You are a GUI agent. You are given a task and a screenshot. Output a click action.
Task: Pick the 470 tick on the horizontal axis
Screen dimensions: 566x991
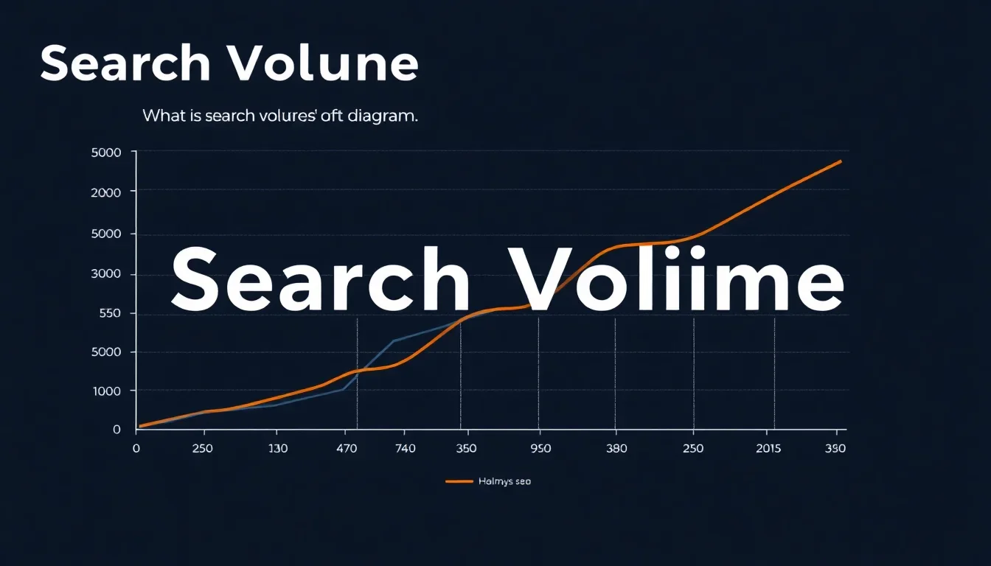click(344, 448)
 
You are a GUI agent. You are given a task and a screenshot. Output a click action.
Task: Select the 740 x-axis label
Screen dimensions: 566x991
click(406, 448)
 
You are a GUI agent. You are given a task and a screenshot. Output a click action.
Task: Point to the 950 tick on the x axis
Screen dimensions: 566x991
click(540, 448)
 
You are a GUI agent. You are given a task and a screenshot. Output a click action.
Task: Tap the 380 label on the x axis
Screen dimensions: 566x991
click(616, 448)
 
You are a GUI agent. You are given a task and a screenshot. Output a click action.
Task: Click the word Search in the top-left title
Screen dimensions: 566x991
click(125, 64)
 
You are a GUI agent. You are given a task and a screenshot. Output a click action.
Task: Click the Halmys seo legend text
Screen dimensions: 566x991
click(504, 481)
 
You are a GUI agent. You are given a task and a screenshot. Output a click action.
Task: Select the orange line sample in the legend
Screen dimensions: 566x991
click(459, 481)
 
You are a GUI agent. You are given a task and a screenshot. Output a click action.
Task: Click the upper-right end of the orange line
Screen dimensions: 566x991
click(840, 161)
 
